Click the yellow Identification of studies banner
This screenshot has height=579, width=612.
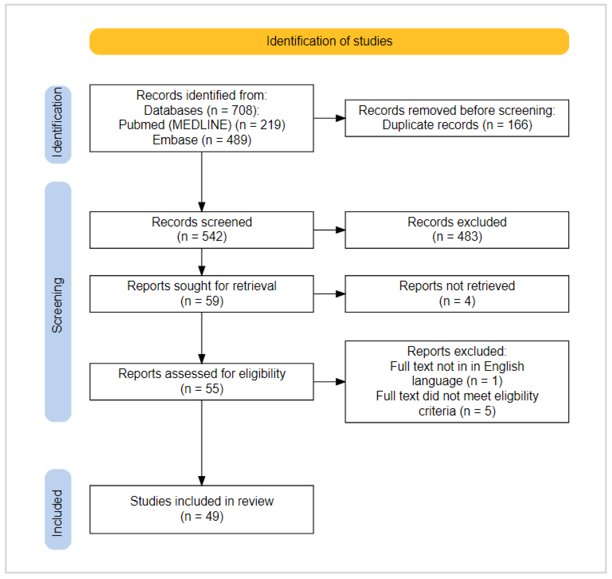[329, 41]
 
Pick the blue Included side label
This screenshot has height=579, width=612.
[58, 509]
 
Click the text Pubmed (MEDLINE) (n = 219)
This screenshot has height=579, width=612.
[202, 125]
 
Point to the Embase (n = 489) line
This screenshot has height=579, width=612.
[202, 140]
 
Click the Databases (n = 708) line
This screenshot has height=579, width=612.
[202, 110]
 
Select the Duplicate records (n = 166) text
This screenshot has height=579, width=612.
[457, 125]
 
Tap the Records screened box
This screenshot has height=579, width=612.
[202, 230]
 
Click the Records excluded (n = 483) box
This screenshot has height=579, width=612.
[457, 230]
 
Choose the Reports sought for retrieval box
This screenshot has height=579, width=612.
[202, 294]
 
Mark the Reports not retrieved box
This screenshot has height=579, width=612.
[457, 294]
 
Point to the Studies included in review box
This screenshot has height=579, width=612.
[202, 509]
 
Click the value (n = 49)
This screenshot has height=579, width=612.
[202, 516]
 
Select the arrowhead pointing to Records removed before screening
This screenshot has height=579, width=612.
[340, 118]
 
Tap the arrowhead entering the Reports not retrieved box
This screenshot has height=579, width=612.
[340, 294]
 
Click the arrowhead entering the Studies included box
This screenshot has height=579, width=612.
[202, 480]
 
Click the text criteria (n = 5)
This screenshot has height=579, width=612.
[457, 411]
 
